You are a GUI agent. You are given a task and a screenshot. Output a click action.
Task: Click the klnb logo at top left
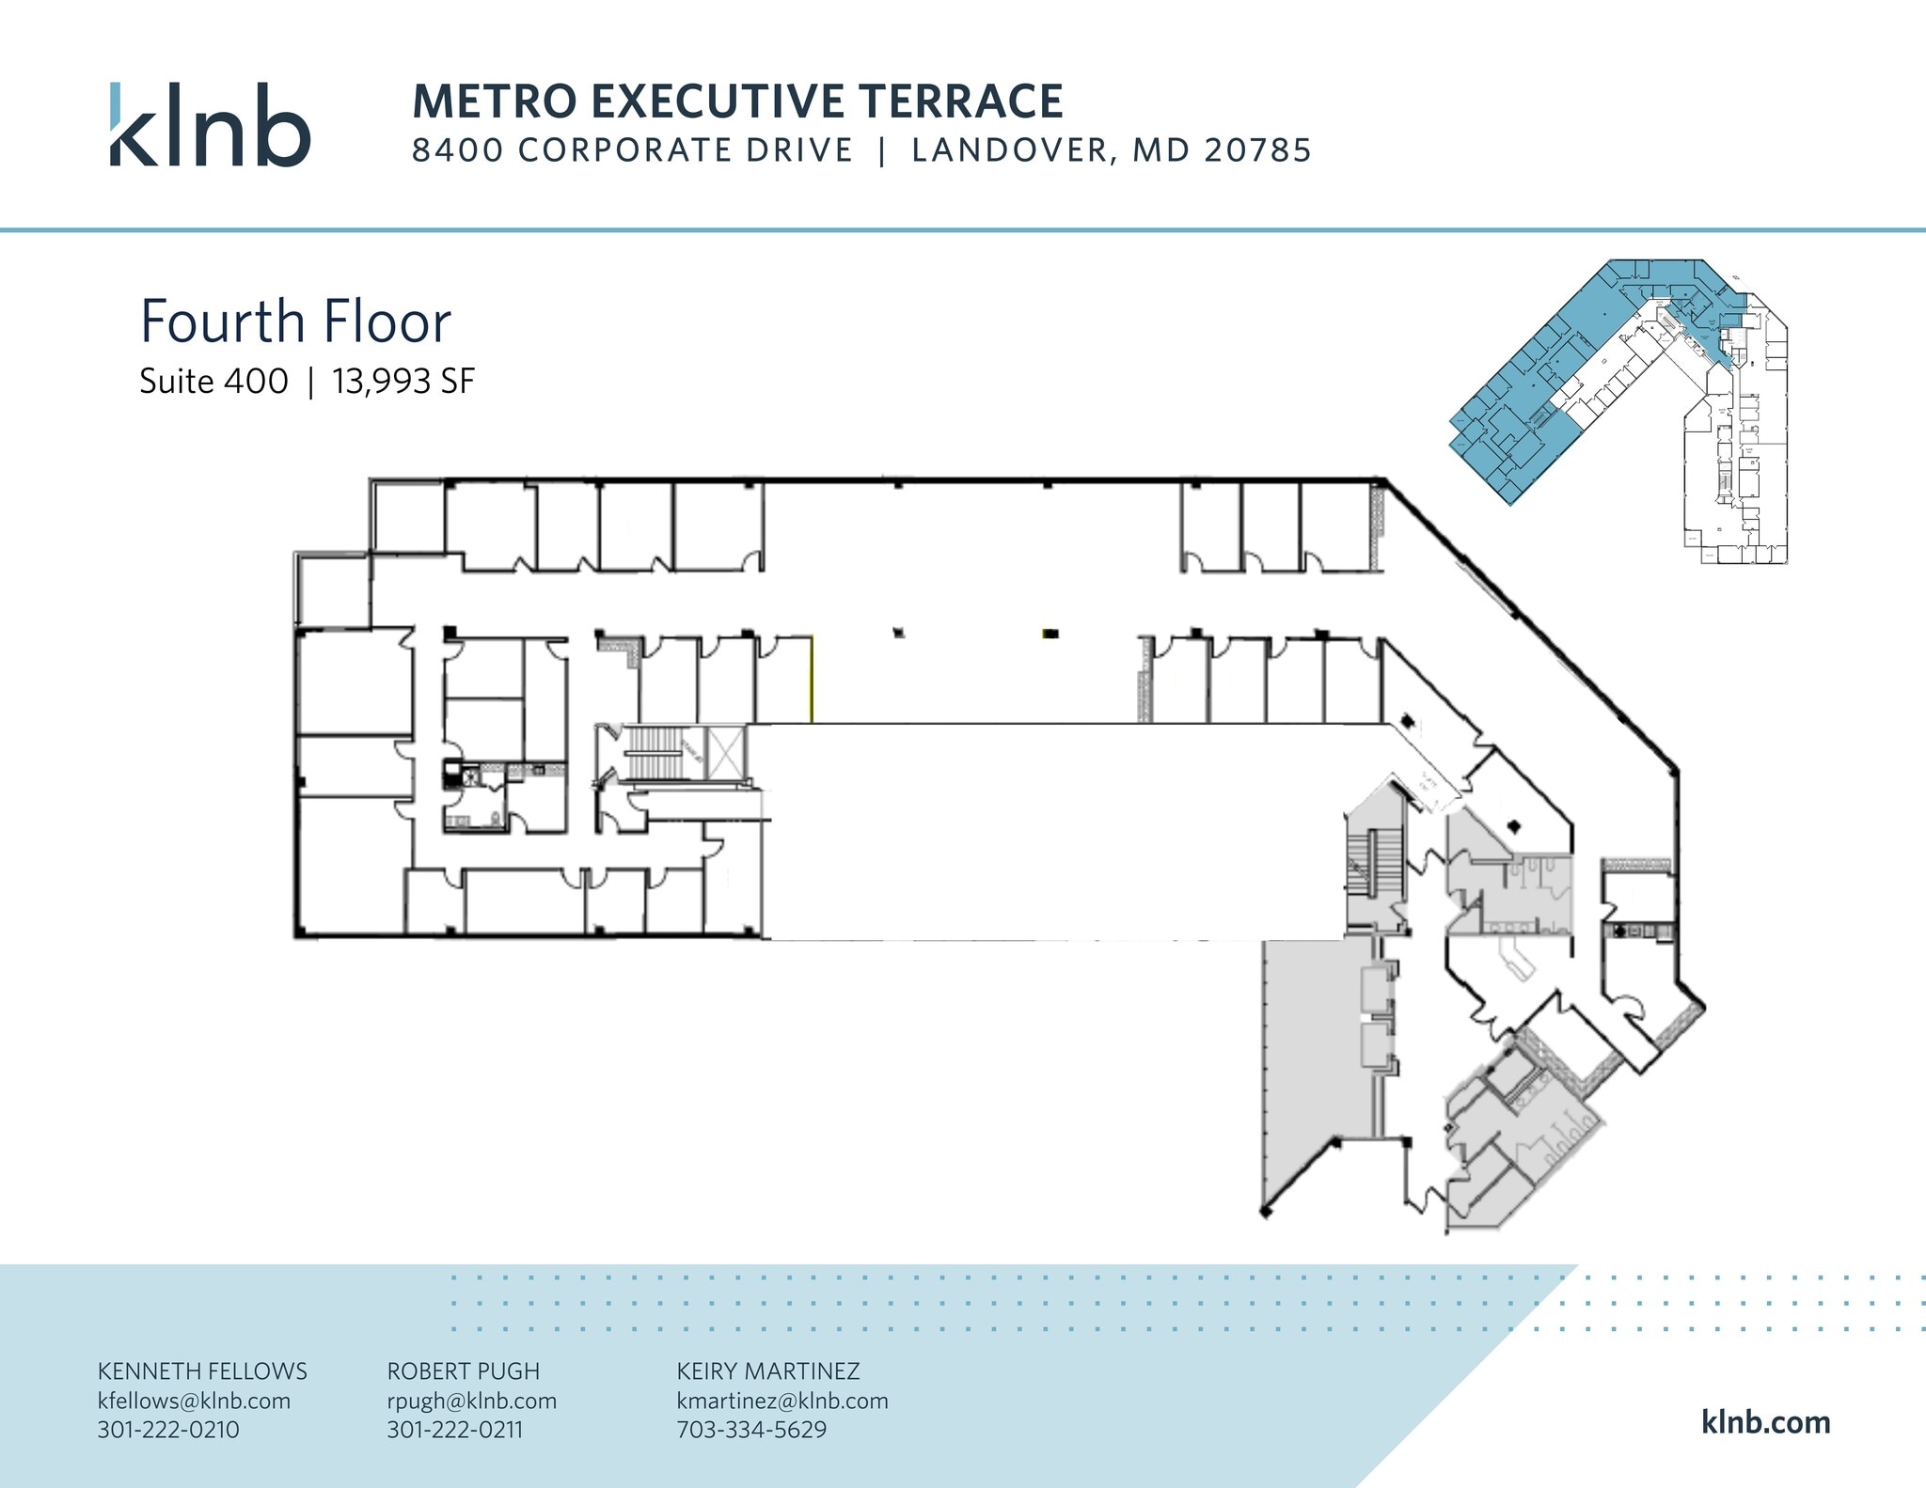coord(210,125)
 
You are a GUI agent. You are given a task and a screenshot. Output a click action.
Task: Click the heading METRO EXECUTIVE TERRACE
coord(737,102)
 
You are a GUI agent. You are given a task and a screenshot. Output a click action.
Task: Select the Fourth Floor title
coord(295,321)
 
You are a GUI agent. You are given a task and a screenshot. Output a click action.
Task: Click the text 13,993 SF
coord(403,382)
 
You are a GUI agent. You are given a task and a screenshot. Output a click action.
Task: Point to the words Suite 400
coord(213,382)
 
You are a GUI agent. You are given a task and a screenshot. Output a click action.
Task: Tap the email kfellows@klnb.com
coord(194,1401)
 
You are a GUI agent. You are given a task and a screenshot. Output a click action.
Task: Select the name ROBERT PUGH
coord(463,1371)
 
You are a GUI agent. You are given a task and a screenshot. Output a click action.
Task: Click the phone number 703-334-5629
coord(751,1430)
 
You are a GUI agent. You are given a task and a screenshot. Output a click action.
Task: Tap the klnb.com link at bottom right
coord(1765,1422)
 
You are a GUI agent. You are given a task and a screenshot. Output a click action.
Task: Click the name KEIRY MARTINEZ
coord(767,1371)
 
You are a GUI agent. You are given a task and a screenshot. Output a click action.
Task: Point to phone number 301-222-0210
coord(168,1430)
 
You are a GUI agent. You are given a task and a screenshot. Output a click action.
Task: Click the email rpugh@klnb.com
coord(471,1401)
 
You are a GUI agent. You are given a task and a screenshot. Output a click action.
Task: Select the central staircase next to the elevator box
coord(658,752)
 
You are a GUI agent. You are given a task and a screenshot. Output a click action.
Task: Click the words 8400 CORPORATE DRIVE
coord(632,150)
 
